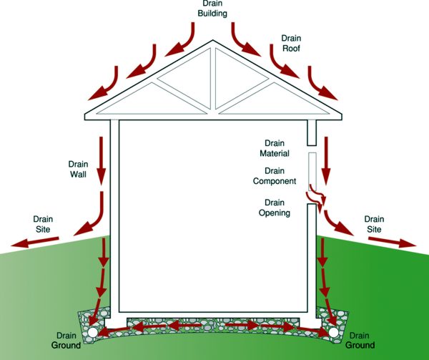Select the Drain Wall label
click(x=78, y=169)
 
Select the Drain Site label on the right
click(x=374, y=224)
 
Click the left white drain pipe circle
click(x=94, y=333)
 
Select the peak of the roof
click(x=214, y=44)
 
